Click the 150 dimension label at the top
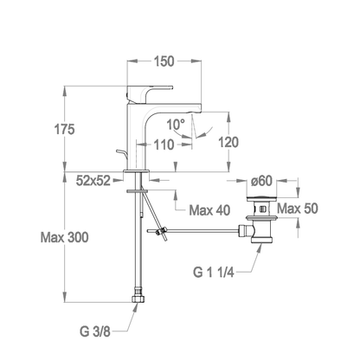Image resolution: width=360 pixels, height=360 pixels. tap(164, 61)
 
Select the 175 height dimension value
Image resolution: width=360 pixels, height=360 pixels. tap(64, 129)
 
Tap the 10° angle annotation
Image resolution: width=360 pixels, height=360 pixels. tap(176, 125)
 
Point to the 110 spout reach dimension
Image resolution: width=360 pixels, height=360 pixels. tap(164, 145)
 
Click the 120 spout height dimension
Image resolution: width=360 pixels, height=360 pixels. tap(228, 142)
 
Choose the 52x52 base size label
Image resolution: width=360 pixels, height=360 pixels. tap(93, 181)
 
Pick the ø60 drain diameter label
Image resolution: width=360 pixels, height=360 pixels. tap(261, 181)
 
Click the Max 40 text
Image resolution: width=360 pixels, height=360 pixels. tap(209, 210)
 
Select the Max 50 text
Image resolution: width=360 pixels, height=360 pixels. tap(298, 209)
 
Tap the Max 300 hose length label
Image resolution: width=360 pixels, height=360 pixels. tap(65, 237)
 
